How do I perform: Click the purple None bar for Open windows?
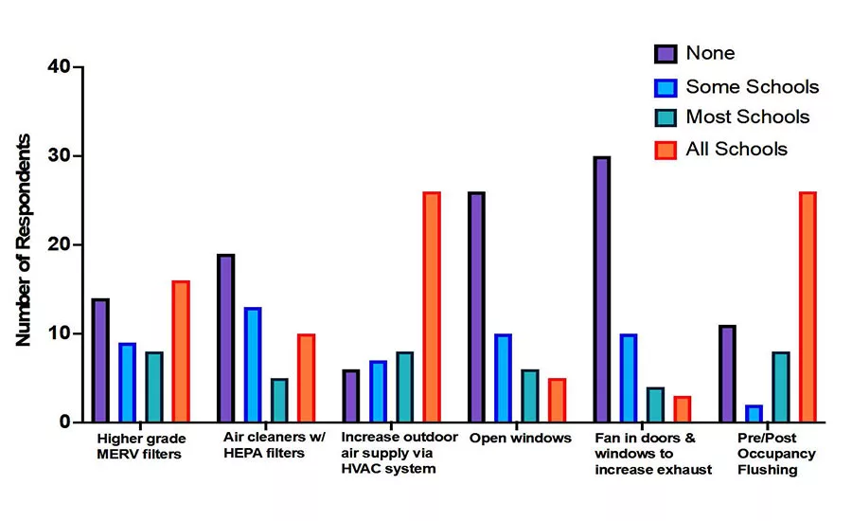(x=476, y=307)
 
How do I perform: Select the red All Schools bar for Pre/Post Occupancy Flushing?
(x=808, y=307)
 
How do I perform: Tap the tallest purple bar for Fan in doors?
(x=601, y=289)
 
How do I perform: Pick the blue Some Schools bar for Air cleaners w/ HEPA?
(x=253, y=365)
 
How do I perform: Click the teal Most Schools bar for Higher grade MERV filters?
(x=153, y=386)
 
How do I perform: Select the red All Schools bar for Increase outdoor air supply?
(x=432, y=307)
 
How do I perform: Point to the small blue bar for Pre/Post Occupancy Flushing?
(x=754, y=413)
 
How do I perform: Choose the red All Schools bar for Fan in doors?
(x=682, y=409)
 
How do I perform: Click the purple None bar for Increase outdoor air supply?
(x=351, y=396)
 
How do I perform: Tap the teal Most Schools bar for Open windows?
(x=530, y=396)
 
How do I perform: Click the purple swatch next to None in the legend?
(x=666, y=54)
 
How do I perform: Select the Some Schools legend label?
(x=752, y=86)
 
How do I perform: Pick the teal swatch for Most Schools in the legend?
(x=666, y=117)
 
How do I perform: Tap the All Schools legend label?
(x=737, y=149)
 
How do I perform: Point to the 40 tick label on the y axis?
(x=59, y=67)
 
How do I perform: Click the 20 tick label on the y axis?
(x=59, y=244)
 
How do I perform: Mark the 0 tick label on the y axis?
(x=65, y=422)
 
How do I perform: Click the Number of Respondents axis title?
(x=23, y=240)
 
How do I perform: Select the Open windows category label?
(x=520, y=439)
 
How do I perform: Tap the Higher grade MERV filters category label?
(x=141, y=446)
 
